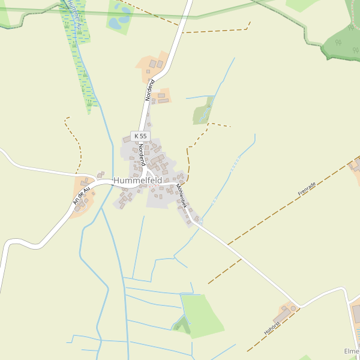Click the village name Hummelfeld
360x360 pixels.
point(137,180)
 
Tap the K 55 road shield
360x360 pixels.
point(140,136)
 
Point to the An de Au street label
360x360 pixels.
point(81,195)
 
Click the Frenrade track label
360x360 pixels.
point(307,190)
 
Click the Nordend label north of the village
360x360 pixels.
point(149,89)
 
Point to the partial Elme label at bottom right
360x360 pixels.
point(352,352)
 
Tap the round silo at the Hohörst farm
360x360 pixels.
point(293,308)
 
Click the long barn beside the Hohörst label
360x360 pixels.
point(282,314)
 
